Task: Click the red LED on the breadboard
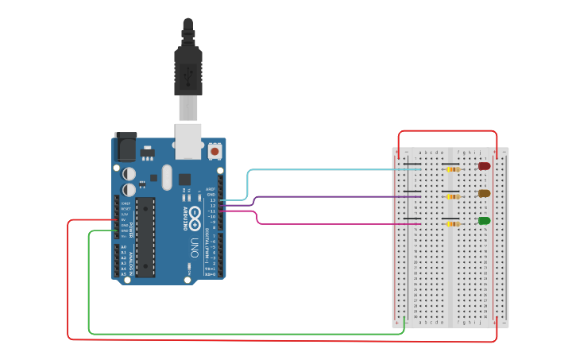pyautogui.click(x=484, y=166)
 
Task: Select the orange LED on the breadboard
pyautogui.click(x=484, y=193)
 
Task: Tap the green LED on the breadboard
pyautogui.click(x=484, y=221)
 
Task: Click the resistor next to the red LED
pyautogui.click(x=452, y=169)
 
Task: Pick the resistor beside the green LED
pyautogui.click(x=452, y=224)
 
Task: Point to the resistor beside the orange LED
pyautogui.click(x=452, y=196)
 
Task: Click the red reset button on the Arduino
pyautogui.click(x=215, y=150)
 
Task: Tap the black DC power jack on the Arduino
pyautogui.click(x=125, y=148)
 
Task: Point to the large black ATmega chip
pyautogui.click(x=145, y=236)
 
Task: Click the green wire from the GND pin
pyautogui.click(x=238, y=334)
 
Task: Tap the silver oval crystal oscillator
pyautogui.click(x=166, y=177)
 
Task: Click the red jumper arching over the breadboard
pyautogui.click(x=447, y=131)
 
